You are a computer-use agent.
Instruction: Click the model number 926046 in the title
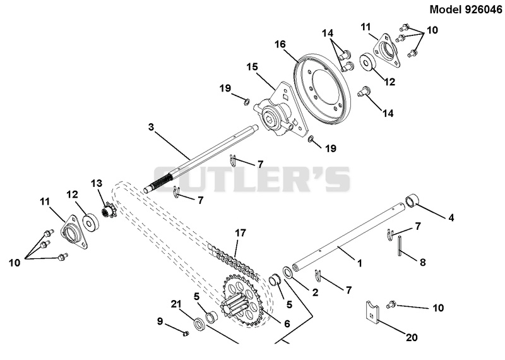click(x=483, y=9)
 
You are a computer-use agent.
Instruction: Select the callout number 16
click(x=280, y=44)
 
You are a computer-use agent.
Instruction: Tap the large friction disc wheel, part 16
click(x=323, y=89)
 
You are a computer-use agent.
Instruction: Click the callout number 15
click(x=252, y=67)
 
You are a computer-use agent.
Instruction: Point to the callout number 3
click(x=151, y=127)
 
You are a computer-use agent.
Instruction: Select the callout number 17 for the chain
click(x=241, y=232)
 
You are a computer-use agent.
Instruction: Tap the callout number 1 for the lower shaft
click(x=360, y=263)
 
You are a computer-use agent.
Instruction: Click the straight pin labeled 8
click(x=400, y=246)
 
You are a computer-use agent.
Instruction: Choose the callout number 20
click(x=412, y=337)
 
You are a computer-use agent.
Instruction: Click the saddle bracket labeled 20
click(x=372, y=312)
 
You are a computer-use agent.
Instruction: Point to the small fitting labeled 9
click(x=185, y=333)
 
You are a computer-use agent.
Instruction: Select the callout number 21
click(x=176, y=304)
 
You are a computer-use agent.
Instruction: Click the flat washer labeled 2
click(x=288, y=272)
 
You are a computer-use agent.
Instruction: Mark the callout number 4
click(x=451, y=218)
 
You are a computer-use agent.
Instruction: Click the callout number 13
click(x=97, y=183)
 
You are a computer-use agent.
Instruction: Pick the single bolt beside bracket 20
click(x=391, y=303)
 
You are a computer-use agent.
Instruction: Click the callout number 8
click(x=422, y=262)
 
